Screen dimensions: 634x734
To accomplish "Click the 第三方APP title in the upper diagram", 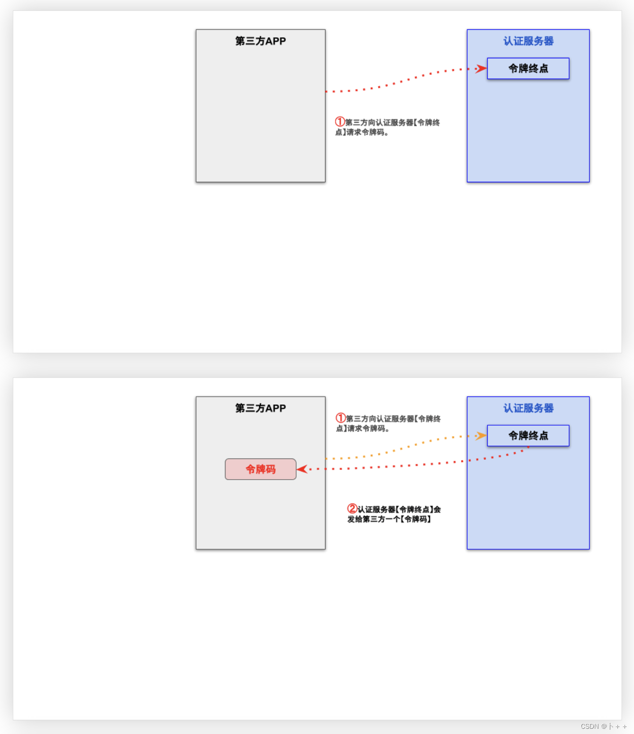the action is pos(261,41).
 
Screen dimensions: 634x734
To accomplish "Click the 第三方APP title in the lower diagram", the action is pos(261,408).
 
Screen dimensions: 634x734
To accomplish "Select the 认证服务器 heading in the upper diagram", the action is pos(528,41).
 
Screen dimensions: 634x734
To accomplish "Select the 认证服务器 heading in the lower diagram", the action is pos(528,408).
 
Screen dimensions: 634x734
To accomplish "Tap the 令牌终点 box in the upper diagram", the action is pos(528,69).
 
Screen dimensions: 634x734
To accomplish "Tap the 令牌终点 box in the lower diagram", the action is pos(528,436).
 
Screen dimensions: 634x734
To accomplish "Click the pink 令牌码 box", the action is pos(261,469).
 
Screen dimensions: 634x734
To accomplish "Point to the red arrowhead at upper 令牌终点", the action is pos(481,69).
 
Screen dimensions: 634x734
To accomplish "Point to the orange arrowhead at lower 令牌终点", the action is pos(481,436).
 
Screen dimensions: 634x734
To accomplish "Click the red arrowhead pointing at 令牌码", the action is pos(302,469).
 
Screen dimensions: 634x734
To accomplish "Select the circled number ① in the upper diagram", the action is pos(340,122).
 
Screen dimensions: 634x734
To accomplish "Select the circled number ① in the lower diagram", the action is pos(341,418).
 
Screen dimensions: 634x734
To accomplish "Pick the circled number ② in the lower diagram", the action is pos(352,509).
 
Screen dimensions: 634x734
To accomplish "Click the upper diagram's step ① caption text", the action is pos(388,127).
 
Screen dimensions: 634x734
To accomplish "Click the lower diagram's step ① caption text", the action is pos(389,423).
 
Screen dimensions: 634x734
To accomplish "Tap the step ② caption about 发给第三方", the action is pos(394,514).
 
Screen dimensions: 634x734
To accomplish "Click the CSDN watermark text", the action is pos(604,726).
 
